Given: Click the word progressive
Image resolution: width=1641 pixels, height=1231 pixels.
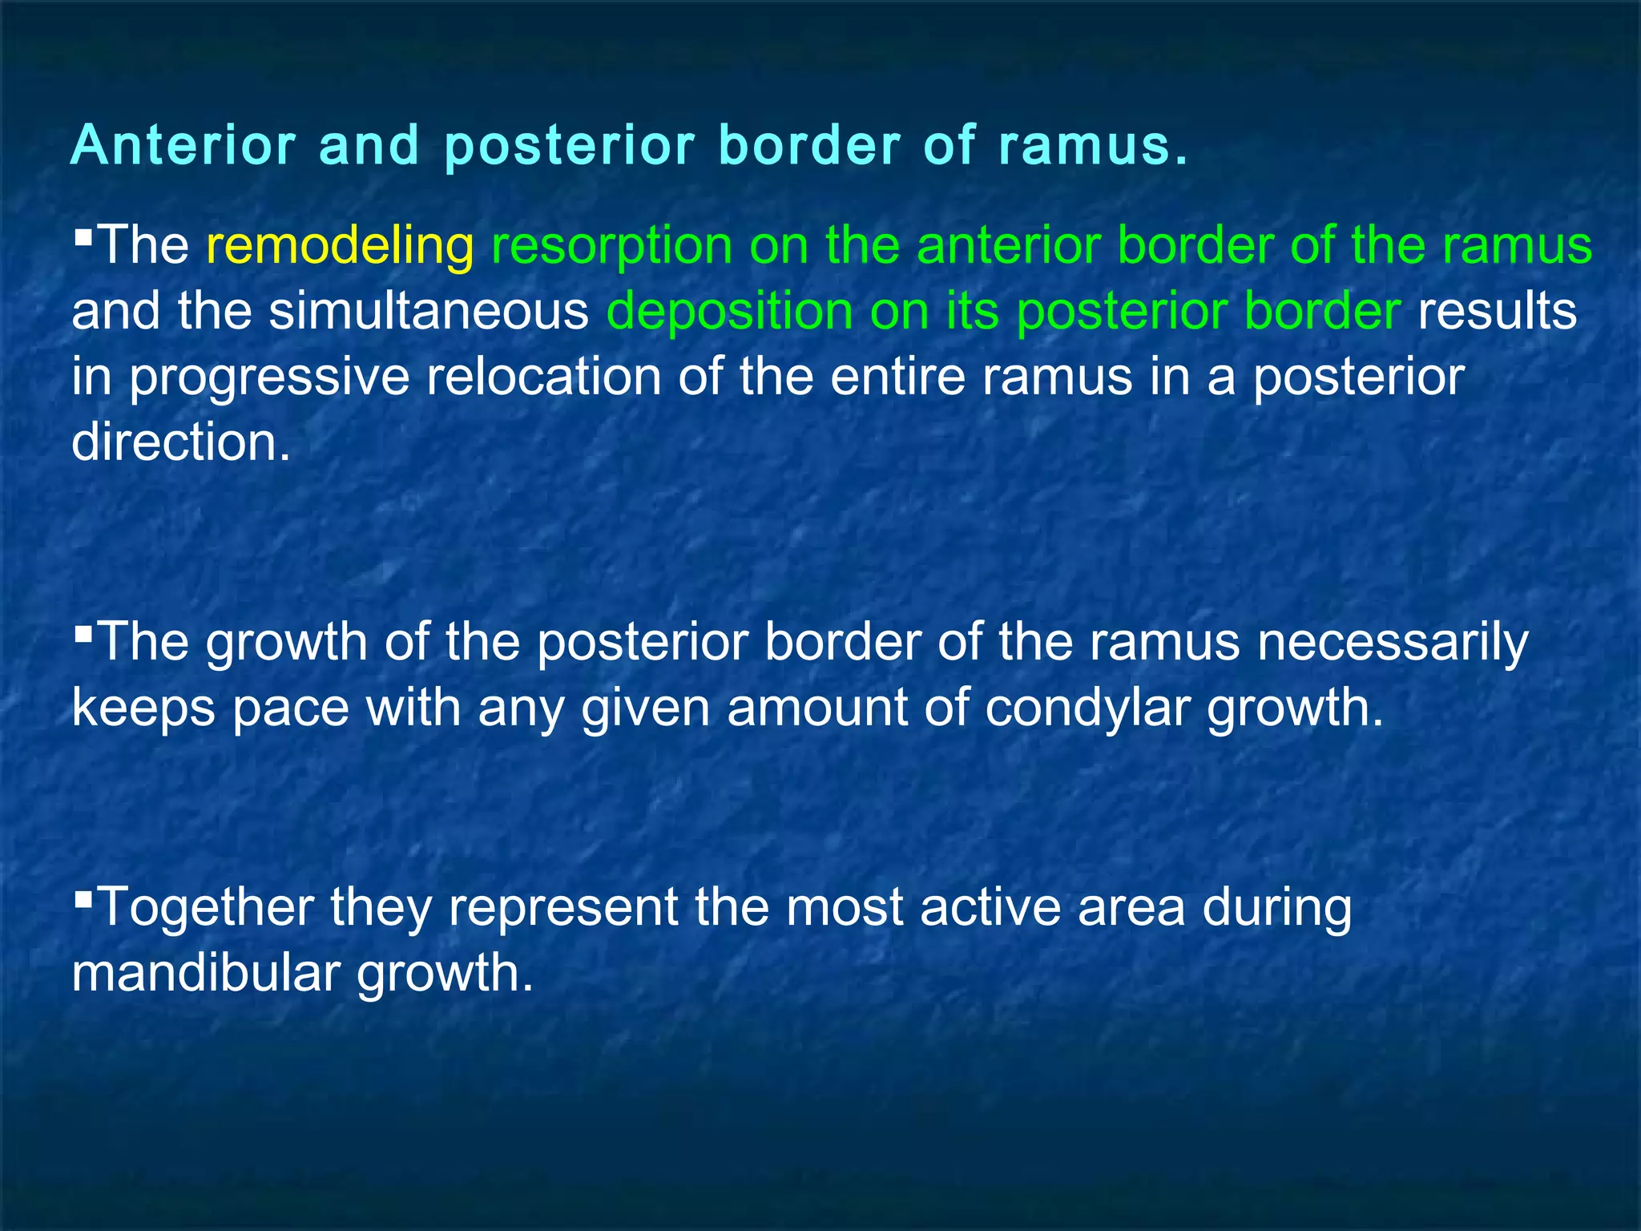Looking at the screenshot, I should click(269, 378).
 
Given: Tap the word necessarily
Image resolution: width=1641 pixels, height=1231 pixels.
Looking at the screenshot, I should click(1393, 643).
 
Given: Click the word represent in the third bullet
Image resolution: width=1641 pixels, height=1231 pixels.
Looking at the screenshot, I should click(563, 909).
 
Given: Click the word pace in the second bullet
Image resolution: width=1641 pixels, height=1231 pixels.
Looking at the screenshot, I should click(291, 709).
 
